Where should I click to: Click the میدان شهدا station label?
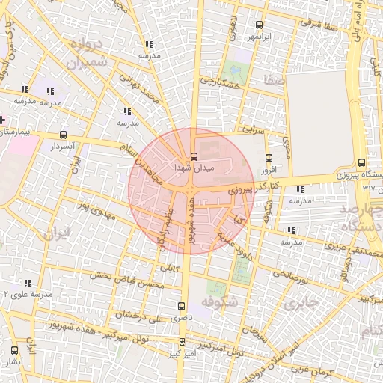click(194, 170)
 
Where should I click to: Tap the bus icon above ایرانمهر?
click(260, 25)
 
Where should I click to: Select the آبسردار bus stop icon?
click(62, 135)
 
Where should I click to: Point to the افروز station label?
click(269, 170)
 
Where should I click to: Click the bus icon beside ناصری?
click(181, 306)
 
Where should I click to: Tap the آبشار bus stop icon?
click(14, 350)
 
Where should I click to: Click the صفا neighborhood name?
click(272, 76)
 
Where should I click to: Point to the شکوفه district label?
click(220, 303)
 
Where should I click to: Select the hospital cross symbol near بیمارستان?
click(3, 120)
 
